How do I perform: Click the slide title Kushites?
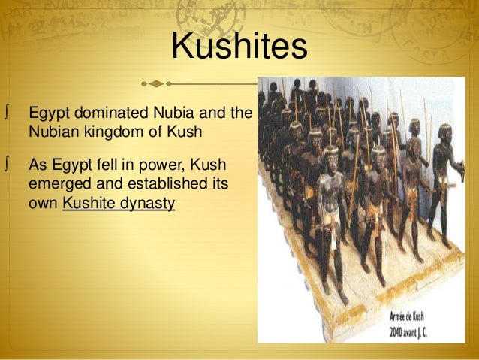click(239, 47)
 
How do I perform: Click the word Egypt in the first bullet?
click(47, 113)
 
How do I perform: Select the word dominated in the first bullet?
click(104, 113)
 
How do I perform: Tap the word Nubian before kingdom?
click(52, 130)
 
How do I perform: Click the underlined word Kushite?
click(89, 202)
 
